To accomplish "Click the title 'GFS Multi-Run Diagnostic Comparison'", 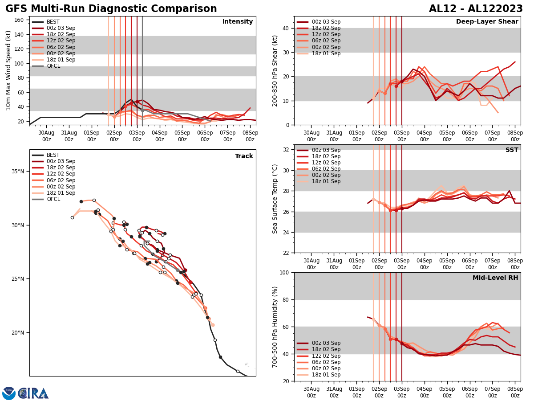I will click(111, 9).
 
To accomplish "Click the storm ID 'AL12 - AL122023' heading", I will click(476, 9).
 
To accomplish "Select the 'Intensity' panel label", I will click(238, 22).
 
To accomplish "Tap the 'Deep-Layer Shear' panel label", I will click(487, 22).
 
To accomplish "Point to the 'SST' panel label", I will click(512, 150).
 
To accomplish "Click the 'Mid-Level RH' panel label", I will click(495, 278).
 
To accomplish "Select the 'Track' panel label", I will click(244, 156).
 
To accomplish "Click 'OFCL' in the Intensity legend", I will click(53, 66).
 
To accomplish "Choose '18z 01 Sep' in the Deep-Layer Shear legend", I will click(326, 53).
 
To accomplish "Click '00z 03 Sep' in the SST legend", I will click(326, 150).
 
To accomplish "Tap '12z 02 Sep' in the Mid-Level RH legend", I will click(326, 356).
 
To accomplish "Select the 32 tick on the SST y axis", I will click(287, 150).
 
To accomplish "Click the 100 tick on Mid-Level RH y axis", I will click(285, 272).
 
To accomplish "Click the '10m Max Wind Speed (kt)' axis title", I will click(8, 70).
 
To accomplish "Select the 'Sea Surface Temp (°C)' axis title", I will click(275, 199).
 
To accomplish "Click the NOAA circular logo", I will click(9, 393).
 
